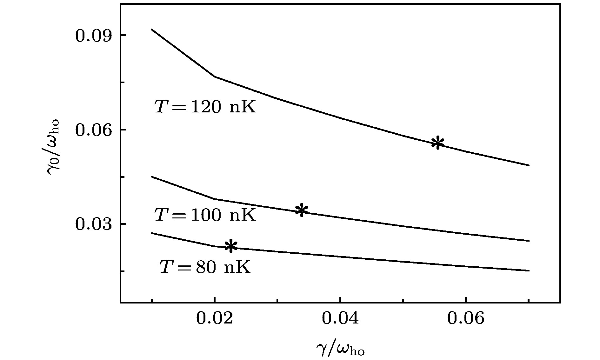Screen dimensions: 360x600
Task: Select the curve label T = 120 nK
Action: point(205,107)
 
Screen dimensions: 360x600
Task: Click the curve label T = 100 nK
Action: point(205,215)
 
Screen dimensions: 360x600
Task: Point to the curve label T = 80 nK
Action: point(205,267)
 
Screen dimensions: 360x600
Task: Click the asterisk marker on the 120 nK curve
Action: point(438,143)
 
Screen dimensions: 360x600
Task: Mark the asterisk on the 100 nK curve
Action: point(301,210)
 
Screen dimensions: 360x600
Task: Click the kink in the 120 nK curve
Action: point(215,77)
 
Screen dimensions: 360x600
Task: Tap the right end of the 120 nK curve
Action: point(529,165)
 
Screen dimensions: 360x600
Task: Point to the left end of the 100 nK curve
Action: point(151,177)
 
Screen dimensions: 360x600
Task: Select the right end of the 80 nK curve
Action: point(529,270)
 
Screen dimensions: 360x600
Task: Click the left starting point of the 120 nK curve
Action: point(151,29)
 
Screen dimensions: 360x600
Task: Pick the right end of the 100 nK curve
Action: point(529,241)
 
